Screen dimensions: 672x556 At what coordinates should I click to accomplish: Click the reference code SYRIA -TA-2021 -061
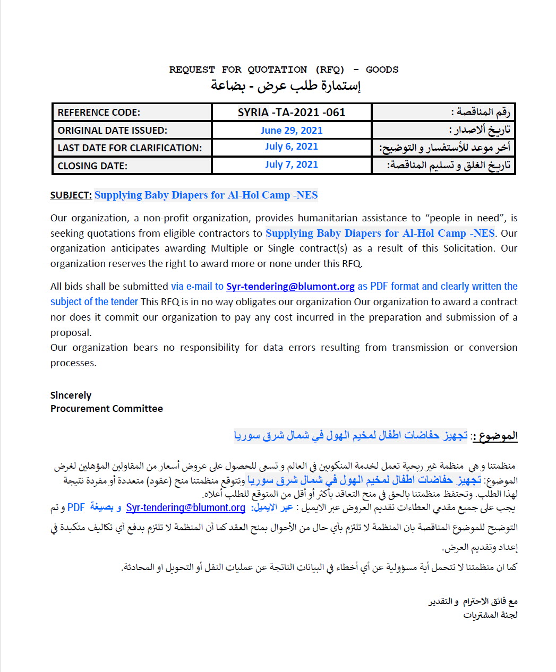pos(292,113)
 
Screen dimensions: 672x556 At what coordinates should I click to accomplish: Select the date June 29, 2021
pos(292,131)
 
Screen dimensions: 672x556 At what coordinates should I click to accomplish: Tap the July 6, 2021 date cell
pos(292,147)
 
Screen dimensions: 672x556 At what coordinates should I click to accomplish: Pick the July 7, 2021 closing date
pos(292,165)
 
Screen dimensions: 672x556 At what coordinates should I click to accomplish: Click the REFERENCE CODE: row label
pos(99,113)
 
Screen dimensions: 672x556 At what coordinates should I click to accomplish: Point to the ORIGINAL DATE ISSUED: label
pos(112,131)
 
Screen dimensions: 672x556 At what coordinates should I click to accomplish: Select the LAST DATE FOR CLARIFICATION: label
pos(130,148)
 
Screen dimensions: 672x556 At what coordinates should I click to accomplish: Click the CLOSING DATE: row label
pos(92,166)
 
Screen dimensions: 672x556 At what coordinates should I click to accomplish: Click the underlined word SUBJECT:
pos(71,195)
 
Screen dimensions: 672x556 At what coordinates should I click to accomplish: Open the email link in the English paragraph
pos(290,287)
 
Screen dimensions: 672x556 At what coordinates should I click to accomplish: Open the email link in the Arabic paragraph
pos(185,507)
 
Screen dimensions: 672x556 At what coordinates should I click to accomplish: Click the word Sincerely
pos(71,395)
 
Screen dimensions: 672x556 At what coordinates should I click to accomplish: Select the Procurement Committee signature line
pos(106,409)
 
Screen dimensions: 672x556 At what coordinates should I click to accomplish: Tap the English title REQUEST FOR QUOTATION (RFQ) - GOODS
pos(284,70)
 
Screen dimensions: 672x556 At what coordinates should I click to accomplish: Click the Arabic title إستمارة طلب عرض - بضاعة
pos(286,85)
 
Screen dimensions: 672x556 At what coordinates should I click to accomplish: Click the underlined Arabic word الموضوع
pos(498,436)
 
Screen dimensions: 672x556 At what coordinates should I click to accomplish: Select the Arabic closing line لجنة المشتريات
pos(490,615)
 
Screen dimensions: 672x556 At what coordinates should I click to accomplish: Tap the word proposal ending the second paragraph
pos(71,333)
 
